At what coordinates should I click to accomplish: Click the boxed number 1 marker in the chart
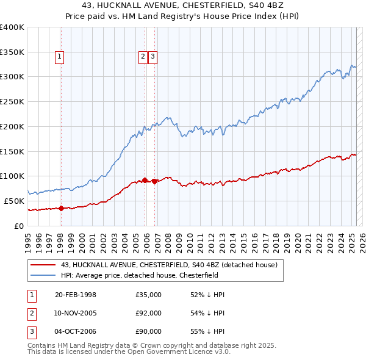(x=60, y=57)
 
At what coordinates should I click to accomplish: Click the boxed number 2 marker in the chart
(x=143, y=57)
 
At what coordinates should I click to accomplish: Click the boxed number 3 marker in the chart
(x=152, y=57)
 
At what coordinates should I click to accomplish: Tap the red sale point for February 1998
(x=61, y=208)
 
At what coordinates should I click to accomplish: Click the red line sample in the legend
(x=43, y=265)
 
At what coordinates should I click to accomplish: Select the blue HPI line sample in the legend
(x=43, y=275)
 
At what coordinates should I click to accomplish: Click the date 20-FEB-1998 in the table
(x=76, y=295)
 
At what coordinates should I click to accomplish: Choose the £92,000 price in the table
(x=149, y=313)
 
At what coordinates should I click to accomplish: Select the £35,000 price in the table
(x=149, y=295)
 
